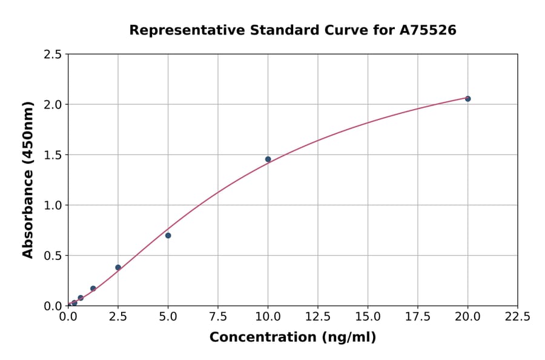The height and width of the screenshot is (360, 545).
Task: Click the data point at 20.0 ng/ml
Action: coord(467,98)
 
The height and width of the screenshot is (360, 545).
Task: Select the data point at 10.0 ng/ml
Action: coord(268,159)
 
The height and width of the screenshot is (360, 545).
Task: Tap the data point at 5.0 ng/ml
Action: coord(168,235)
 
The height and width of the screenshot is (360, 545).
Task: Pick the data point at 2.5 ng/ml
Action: coord(118,267)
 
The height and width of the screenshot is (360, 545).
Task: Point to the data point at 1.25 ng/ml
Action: coord(93,288)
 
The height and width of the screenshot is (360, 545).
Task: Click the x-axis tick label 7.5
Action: coord(218,316)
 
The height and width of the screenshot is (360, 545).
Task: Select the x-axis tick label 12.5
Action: coord(318,316)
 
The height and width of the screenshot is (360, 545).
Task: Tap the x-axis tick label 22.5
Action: coord(517,316)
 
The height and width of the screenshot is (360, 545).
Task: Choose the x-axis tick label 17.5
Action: coord(418,316)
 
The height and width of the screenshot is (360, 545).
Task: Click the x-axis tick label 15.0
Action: coord(368,316)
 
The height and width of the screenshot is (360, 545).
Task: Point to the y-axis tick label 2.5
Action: coord(53,55)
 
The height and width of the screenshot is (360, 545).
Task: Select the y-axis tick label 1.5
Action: coord(53,155)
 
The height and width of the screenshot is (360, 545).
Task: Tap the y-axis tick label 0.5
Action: coord(53,256)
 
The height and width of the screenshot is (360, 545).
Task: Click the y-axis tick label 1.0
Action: coord(53,205)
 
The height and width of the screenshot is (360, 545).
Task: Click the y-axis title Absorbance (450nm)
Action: coord(28,180)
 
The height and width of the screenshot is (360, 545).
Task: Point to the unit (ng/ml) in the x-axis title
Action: coord(348,338)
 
